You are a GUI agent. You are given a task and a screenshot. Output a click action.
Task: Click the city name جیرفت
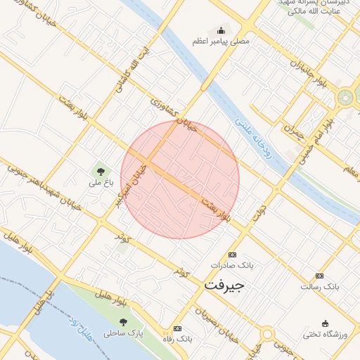[224, 286]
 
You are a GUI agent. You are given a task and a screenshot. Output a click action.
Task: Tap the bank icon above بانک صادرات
[233, 255]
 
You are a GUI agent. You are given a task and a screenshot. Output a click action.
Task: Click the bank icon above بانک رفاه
[177, 328]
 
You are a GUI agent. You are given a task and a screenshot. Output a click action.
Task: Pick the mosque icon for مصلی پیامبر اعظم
[221, 30]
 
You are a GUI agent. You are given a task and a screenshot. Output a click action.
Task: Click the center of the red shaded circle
[180, 179]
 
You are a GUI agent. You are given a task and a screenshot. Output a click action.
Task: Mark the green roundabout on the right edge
[346, 97]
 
